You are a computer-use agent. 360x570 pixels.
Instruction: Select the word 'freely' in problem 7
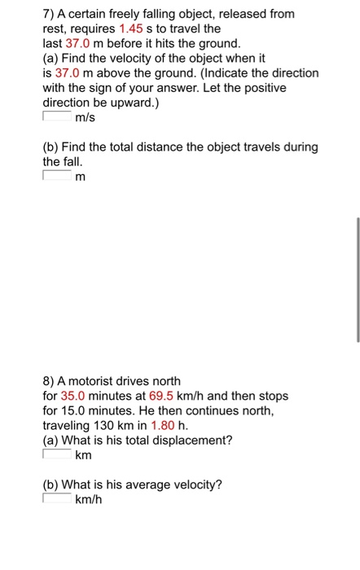(x=121, y=14)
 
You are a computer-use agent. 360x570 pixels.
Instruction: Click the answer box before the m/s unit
(x=56, y=117)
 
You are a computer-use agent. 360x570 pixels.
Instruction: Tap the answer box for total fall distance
(x=56, y=176)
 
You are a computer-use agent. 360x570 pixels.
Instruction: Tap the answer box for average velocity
(x=56, y=499)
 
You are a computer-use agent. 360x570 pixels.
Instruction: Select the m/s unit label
(x=86, y=118)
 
